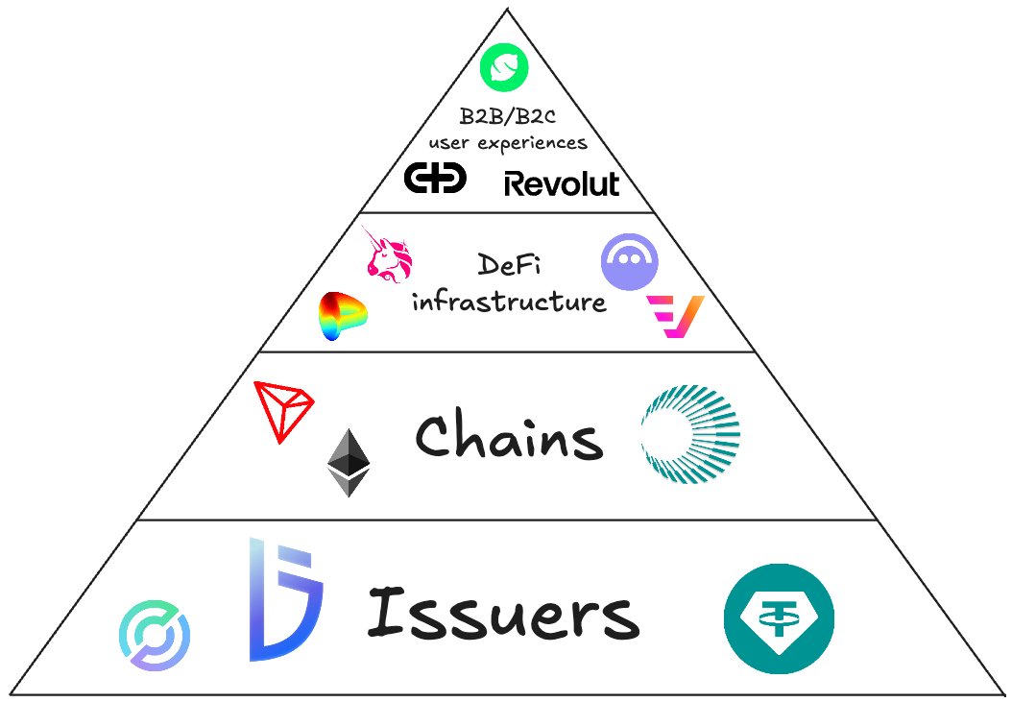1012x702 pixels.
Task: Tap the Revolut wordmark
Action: click(562, 183)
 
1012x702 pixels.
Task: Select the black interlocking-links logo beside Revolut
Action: click(435, 178)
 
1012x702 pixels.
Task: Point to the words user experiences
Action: click(507, 143)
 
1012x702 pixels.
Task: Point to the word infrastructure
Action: click(509, 302)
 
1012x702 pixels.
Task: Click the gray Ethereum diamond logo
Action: click(349, 463)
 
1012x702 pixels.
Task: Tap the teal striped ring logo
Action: click(689, 433)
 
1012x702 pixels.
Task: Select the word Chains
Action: click(509, 439)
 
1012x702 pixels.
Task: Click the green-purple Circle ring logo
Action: click(155, 635)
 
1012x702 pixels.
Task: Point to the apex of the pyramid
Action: click(505, 10)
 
